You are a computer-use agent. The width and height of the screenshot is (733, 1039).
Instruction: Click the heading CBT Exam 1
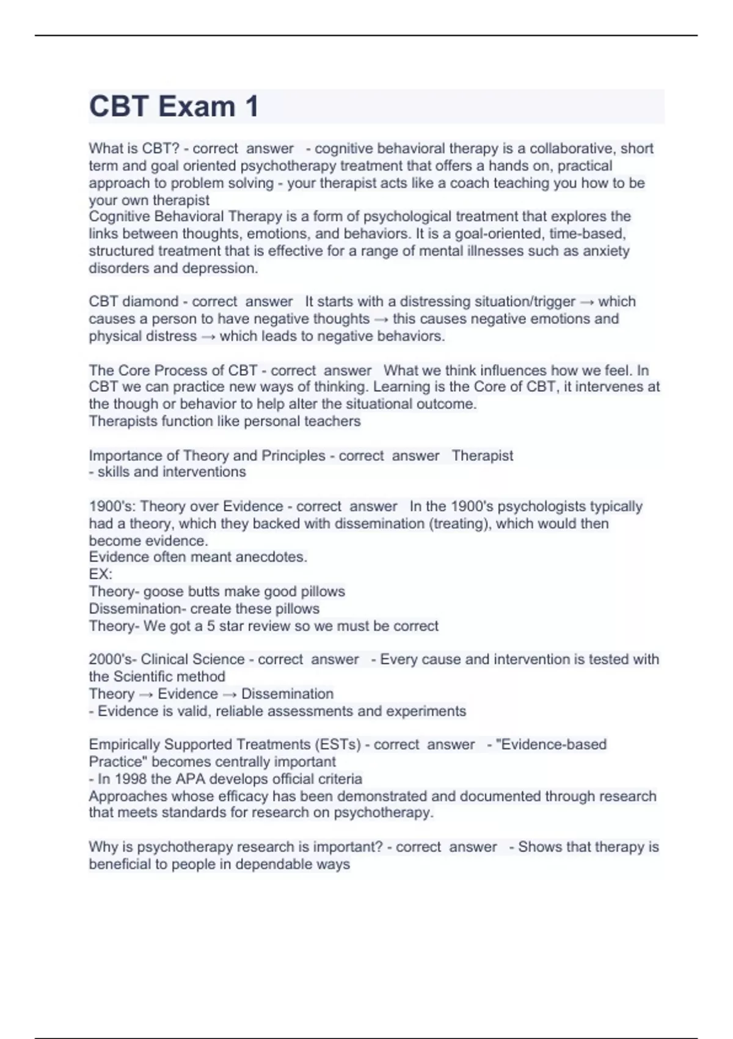click(x=174, y=106)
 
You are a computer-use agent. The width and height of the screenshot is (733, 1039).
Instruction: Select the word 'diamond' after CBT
click(x=150, y=301)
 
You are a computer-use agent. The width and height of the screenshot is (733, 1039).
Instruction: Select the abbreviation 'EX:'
click(x=100, y=574)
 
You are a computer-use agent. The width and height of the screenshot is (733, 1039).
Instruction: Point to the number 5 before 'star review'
click(x=211, y=626)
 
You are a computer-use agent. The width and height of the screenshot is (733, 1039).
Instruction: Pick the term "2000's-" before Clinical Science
click(x=112, y=659)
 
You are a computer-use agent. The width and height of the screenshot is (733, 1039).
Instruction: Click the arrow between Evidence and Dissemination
click(x=230, y=694)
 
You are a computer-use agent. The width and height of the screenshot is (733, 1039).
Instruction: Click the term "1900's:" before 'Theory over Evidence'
click(x=112, y=507)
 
